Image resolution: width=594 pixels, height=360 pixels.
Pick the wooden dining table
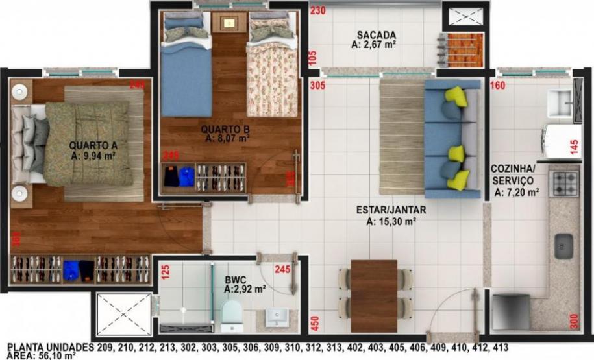pos(373,295)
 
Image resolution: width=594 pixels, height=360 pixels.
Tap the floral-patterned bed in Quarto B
pos(272,71)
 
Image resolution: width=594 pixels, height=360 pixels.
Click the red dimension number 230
pos(317,10)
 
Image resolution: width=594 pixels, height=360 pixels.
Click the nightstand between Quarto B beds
pos(229,23)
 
